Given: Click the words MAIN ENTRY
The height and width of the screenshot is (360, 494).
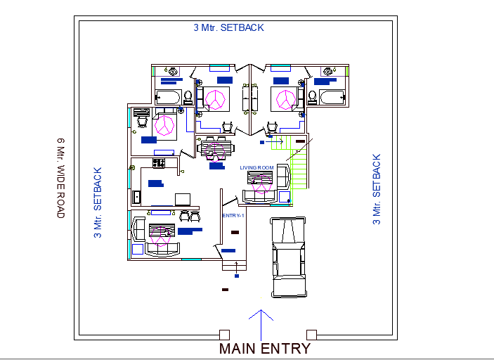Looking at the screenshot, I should [264, 348].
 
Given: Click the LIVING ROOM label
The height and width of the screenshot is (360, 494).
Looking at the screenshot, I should [256, 167].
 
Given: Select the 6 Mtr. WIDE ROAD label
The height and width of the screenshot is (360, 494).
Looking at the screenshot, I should [60, 177].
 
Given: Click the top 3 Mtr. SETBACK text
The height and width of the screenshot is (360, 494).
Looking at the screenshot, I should [228, 28].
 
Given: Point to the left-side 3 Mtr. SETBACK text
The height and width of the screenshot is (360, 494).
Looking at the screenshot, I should [98, 202].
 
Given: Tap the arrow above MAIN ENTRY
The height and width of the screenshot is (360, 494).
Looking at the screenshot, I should [261, 316].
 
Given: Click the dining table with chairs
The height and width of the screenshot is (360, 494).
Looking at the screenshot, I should [214, 148].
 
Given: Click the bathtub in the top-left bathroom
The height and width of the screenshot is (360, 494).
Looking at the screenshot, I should [168, 97].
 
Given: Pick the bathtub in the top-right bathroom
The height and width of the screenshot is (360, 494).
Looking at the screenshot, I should [329, 96].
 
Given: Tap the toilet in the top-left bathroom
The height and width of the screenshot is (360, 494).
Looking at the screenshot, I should [188, 96].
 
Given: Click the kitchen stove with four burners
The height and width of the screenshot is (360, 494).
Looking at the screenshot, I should [159, 163].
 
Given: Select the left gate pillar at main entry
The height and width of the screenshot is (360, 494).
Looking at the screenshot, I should [224, 334].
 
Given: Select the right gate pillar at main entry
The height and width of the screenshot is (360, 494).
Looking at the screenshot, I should [311, 334].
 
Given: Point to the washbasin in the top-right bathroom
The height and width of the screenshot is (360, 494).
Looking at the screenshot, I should [327, 71].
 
